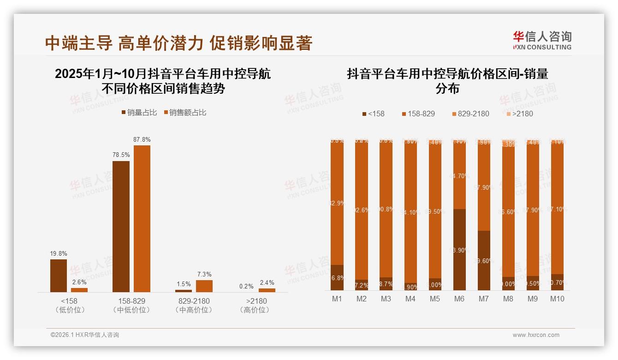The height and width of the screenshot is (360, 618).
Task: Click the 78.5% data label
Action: (121, 155)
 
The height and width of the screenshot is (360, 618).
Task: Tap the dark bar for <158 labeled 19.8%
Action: (59, 276)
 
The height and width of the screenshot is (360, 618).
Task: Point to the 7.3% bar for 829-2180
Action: (204, 286)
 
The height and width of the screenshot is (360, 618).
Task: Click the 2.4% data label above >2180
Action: (267, 282)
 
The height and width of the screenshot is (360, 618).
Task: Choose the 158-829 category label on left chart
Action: (131, 301)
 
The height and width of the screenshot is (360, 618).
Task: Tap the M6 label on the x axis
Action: (459, 299)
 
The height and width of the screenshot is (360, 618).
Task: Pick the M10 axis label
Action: (557, 299)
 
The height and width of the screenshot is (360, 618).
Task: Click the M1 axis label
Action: (337, 299)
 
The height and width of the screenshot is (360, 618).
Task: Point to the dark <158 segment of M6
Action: (459, 250)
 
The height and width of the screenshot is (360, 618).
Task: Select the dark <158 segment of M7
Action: (483, 260)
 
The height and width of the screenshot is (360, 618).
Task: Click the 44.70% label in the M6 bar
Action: (459, 176)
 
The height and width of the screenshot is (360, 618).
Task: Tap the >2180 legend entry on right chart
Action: (520, 114)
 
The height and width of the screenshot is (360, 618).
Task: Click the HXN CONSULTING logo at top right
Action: (542, 40)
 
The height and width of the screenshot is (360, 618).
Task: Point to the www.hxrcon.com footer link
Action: (536, 335)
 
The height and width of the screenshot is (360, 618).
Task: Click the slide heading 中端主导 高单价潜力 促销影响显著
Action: (179, 43)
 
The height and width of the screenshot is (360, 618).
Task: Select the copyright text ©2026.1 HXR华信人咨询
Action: (84, 335)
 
